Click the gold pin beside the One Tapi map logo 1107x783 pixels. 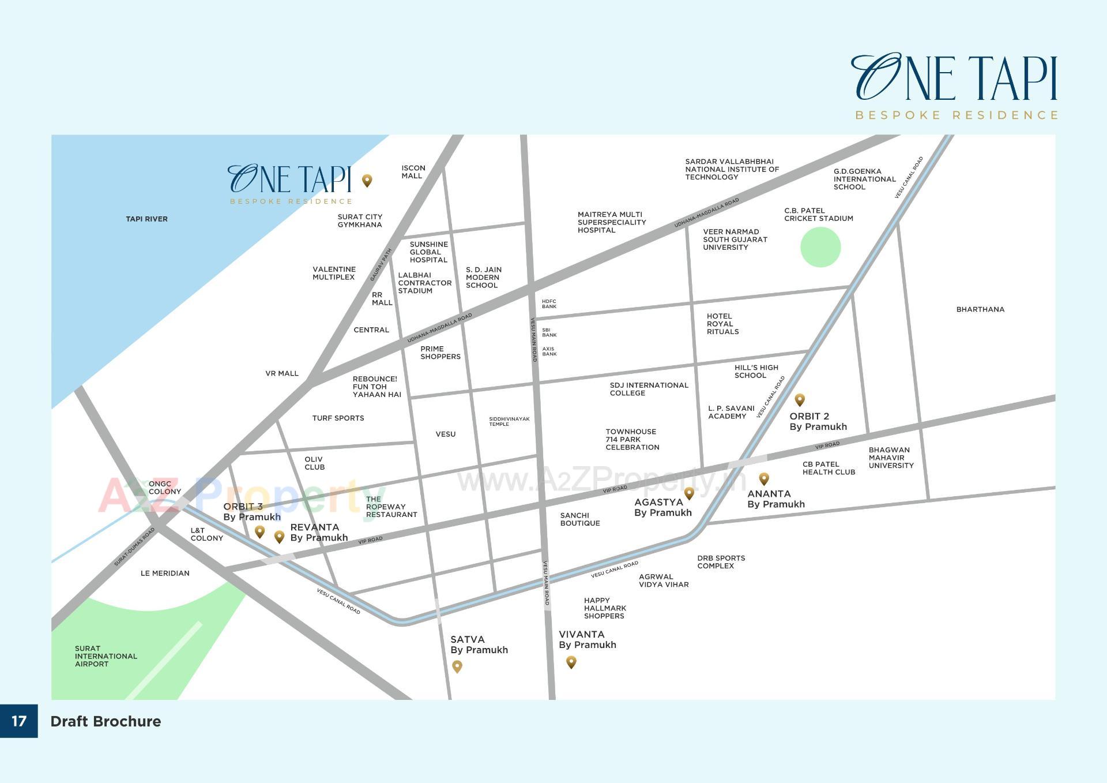coord(367,181)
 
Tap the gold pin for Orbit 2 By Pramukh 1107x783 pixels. coord(800,399)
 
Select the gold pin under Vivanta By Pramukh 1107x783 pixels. coord(571,662)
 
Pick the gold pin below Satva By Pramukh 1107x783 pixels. coord(457,666)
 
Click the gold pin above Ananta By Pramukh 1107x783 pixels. coord(764,478)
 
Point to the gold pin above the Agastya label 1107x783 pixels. coord(689,493)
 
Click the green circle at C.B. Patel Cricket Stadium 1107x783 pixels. coord(820,247)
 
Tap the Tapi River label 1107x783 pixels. coord(146,219)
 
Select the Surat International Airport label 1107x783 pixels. coord(106,656)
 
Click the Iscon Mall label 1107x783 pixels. coord(413,172)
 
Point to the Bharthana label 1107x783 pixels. coord(980,309)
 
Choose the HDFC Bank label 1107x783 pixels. coord(549,304)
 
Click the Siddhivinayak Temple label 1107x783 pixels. coord(509,421)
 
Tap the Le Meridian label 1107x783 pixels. coord(165,573)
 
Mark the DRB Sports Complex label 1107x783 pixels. coord(721,562)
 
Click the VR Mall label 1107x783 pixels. coord(282,373)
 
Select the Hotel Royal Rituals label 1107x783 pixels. coord(722,324)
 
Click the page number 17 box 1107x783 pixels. coord(19,721)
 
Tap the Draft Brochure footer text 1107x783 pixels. coord(106,721)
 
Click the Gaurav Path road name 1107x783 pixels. coord(381,265)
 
